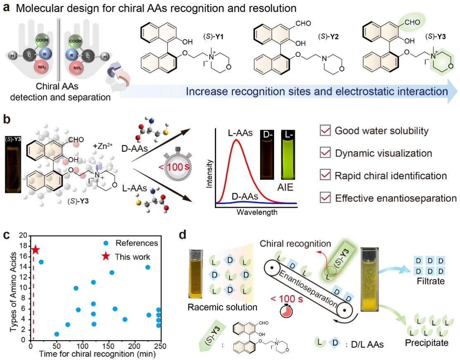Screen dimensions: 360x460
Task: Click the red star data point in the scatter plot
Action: point(36,250)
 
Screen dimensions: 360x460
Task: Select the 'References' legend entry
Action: point(131,243)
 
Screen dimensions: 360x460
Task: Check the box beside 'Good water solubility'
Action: point(325,131)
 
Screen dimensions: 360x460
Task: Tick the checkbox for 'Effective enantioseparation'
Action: point(325,198)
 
